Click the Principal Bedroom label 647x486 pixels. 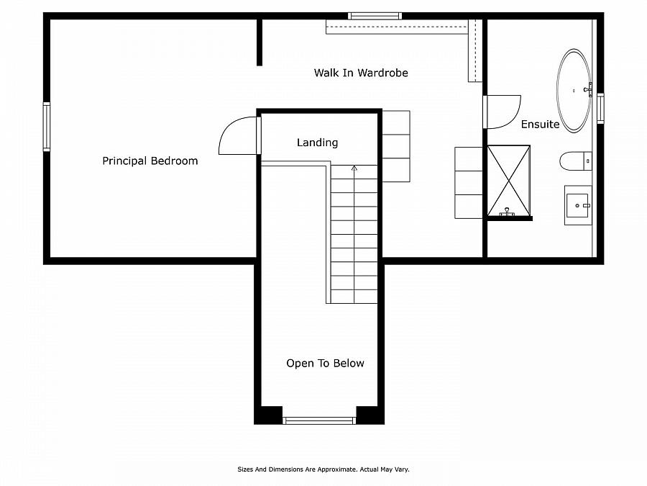click(150, 161)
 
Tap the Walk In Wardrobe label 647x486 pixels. click(361, 73)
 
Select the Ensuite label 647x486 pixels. click(540, 125)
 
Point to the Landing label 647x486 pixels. click(317, 143)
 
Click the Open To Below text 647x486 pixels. click(325, 364)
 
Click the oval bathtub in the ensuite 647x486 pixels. click(574, 91)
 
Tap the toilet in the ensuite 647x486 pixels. click(574, 161)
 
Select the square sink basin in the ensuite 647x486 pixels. click(577, 204)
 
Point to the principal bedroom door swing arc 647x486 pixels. click(234, 137)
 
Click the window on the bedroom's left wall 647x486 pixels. click(47, 126)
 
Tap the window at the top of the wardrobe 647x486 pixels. click(374, 16)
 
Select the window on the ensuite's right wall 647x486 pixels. click(600, 108)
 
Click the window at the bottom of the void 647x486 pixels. click(319, 420)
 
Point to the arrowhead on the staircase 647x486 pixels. click(354, 168)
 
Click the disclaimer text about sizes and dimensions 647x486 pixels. click(323, 469)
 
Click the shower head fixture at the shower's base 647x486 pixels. click(508, 212)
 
